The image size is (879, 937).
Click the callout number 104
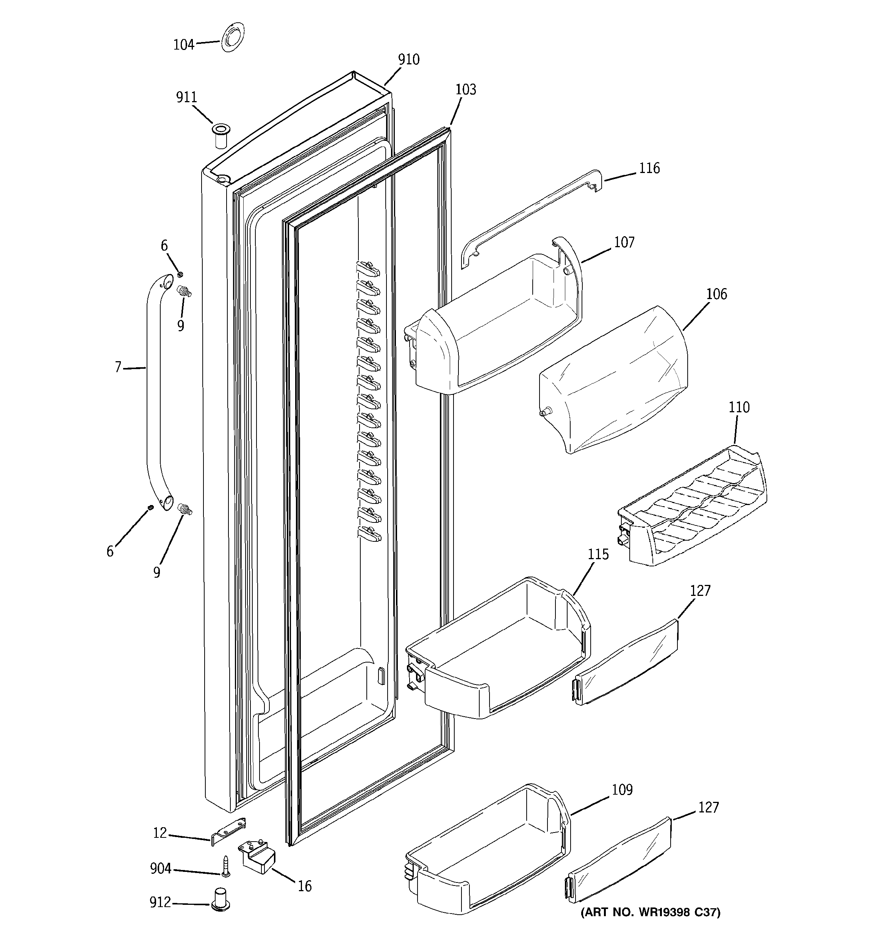[x=183, y=45]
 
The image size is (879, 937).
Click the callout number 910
[x=408, y=59]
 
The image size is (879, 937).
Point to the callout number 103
[x=466, y=90]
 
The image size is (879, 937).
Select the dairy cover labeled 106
[x=613, y=382]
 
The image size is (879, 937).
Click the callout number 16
[x=305, y=887]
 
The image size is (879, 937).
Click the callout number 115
[x=598, y=554]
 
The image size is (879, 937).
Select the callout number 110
[x=739, y=407]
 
